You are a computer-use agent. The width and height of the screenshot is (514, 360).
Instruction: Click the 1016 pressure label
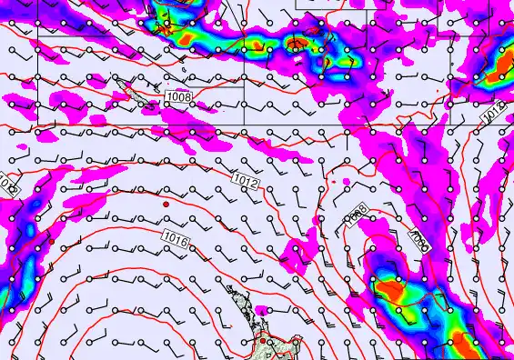tap(176, 238)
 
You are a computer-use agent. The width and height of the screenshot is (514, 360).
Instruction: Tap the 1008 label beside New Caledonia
tap(178, 96)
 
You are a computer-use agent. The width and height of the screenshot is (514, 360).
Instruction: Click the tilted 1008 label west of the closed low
tap(357, 215)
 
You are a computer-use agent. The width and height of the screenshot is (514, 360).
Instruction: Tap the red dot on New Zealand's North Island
tap(264, 341)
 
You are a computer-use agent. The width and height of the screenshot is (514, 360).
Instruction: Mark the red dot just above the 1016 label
tap(166, 205)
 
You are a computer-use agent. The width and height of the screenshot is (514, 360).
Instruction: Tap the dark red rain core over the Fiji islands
tap(297, 42)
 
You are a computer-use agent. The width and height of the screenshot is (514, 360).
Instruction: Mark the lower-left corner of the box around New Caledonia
tap(37, 122)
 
